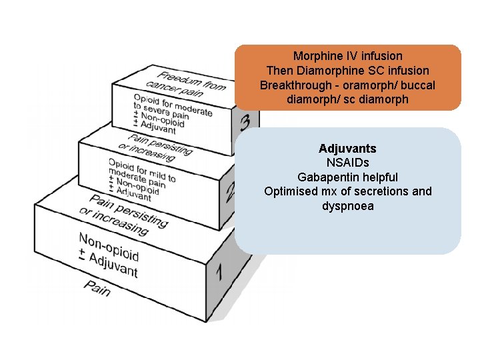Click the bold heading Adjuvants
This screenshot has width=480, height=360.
[x=347, y=148]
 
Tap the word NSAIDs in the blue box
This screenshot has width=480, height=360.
[x=347, y=163]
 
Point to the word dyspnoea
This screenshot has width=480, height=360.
[x=347, y=206]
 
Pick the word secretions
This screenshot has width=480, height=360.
[x=381, y=191]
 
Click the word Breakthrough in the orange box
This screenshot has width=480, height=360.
[x=291, y=85]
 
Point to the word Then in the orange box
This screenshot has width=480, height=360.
[x=279, y=70]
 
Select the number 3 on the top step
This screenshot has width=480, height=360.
[x=245, y=123]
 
